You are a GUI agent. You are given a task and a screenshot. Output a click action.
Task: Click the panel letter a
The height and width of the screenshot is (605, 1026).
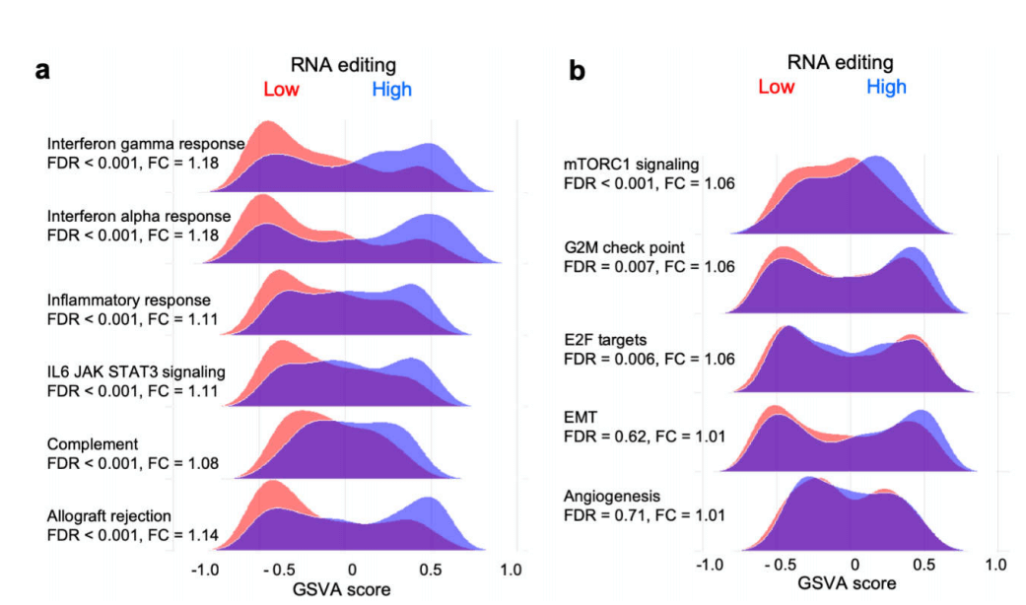pos(42,71)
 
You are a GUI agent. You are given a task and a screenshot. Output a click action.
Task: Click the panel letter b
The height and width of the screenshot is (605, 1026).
pos(577,71)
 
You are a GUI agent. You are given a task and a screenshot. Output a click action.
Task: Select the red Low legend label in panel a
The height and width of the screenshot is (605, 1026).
pos(281,90)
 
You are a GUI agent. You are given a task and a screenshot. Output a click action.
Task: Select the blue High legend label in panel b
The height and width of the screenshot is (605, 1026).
pos(886,87)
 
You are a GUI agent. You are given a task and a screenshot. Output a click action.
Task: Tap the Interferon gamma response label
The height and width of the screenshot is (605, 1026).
pos(146,144)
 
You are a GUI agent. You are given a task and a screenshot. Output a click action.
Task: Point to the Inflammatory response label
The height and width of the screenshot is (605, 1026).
pos(128,300)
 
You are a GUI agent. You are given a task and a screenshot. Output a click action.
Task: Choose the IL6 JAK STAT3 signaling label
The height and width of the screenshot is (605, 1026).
pos(136,371)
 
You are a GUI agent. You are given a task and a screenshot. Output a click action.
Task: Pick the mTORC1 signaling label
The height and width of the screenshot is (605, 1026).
pos(631,164)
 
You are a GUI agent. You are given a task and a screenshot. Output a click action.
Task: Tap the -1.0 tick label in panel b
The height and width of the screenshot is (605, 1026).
pos(710,565)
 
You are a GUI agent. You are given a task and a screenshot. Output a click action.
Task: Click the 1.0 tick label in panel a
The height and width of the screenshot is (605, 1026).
pos(511,570)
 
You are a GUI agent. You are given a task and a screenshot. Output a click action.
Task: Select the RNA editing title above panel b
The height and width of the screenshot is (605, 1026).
pos(840,63)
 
